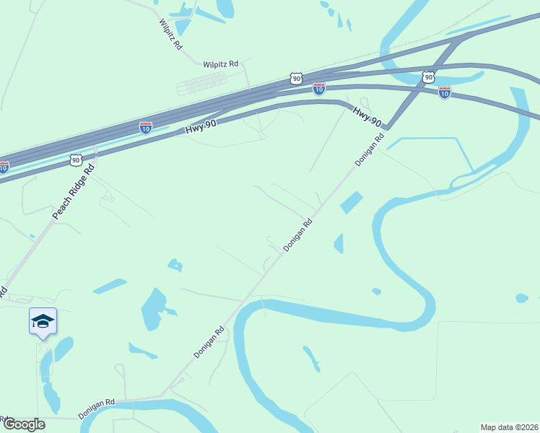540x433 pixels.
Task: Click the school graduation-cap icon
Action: click(43, 321)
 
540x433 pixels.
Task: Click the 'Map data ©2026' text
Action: click(509, 427)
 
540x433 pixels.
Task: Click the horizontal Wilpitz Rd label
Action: click(220, 64)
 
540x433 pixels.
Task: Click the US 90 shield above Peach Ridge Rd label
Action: click(76, 159)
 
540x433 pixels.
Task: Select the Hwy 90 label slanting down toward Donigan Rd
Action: click(367, 116)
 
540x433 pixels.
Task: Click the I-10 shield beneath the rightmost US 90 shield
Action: click(444, 92)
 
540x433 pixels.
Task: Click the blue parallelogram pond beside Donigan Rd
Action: click(351, 202)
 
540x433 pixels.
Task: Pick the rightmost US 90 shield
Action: click(429, 76)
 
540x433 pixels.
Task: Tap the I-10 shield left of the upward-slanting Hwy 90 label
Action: click(146, 127)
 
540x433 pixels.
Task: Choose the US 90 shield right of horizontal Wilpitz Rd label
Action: click(295, 77)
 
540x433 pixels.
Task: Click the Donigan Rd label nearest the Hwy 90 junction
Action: click(368, 151)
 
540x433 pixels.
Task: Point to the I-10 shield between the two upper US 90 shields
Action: click(319, 89)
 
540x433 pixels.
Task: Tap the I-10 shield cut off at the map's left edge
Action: click(4, 168)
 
